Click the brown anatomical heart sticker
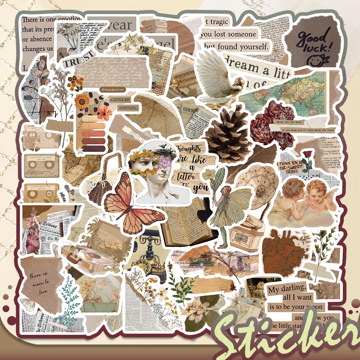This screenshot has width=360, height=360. (x=279, y=255)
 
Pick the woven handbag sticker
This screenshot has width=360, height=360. (x=99, y=187)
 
